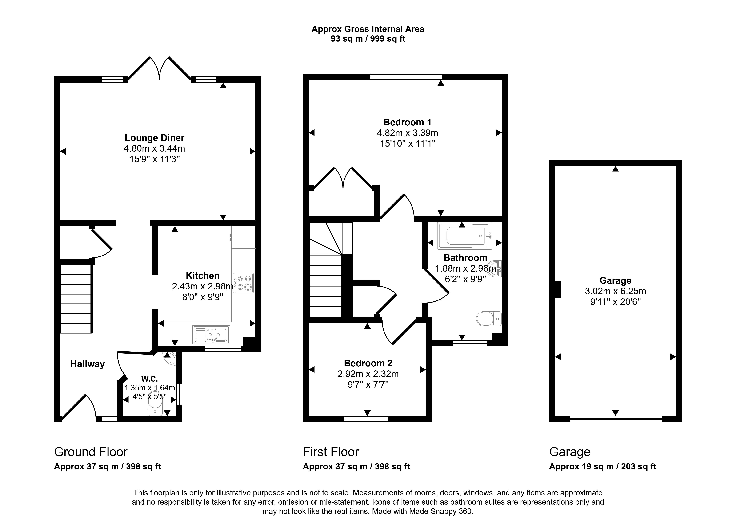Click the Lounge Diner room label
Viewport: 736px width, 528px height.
[x=154, y=138]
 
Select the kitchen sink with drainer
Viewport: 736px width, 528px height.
[x=211, y=335]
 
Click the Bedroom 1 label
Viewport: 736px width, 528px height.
[x=407, y=122]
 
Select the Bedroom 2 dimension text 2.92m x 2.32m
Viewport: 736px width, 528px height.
[x=368, y=374]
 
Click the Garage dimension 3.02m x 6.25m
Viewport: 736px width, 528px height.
[x=615, y=291]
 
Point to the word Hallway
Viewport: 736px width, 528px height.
[x=88, y=364]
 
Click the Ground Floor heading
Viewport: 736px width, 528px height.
[x=91, y=452]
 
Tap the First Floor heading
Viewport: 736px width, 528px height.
[x=331, y=452]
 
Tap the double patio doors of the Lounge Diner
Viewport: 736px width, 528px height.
[x=159, y=68]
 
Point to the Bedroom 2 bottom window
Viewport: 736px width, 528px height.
[x=366, y=419]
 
